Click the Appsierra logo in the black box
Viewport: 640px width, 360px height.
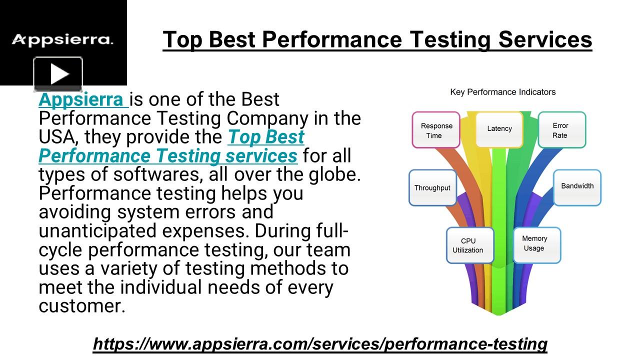(x=62, y=39)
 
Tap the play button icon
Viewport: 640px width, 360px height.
(x=58, y=74)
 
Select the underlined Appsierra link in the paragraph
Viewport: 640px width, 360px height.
(x=82, y=99)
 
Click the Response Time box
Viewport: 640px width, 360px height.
(x=436, y=130)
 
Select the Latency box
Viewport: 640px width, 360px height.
(x=499, y=129)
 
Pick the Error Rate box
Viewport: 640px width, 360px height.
(x=561, y=130)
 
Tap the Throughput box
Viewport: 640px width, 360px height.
(x=432, y=188)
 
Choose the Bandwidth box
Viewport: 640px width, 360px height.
(x=577, y=186)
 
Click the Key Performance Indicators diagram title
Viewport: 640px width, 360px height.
(x=502, y=92)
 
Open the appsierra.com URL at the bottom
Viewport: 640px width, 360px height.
(x=320, y=344)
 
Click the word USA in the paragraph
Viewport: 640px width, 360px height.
(x=56, y=137)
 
